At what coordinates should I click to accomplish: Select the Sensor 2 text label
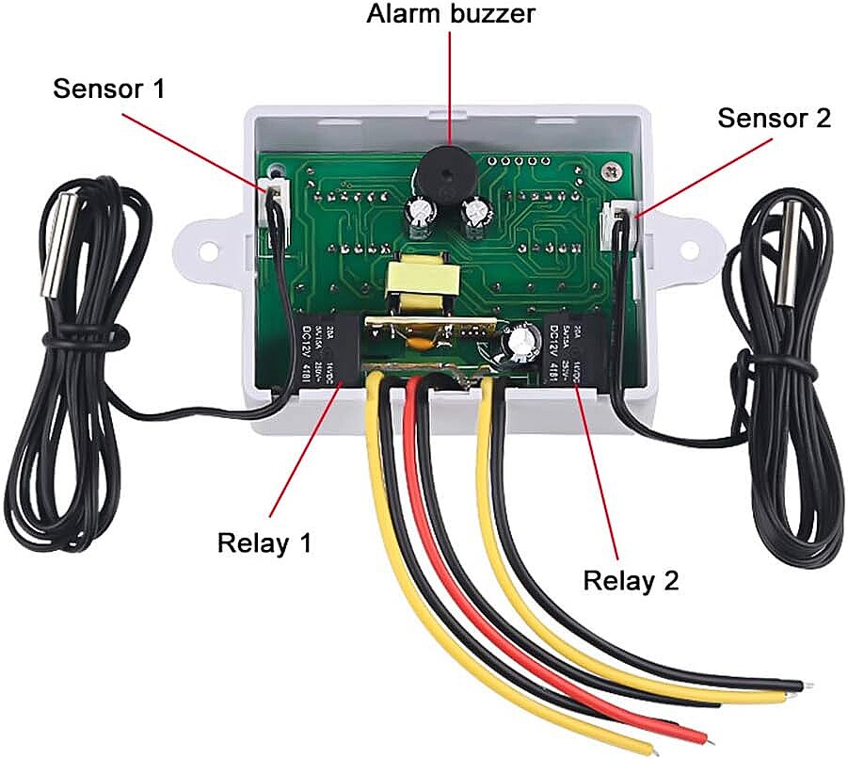coord(774,119)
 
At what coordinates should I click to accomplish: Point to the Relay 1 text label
coord(264,543)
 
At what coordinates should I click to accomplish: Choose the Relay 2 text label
coord(631,580)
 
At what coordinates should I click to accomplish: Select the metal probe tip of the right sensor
coord(788,249)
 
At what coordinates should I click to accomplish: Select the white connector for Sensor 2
coord(616,223)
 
